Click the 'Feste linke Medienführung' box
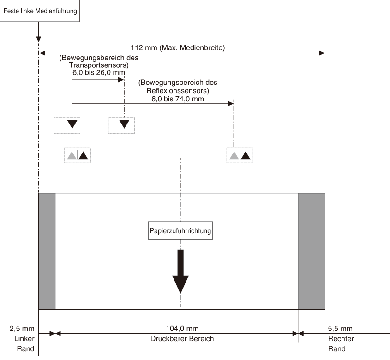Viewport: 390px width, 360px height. pos(40,11)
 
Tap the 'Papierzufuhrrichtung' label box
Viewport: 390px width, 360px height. pos(180,230)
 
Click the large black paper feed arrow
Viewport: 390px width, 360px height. pos(180,271)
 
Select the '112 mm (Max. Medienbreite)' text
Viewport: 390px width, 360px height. pos(178,47)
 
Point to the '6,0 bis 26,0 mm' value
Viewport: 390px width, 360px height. pos(99,72)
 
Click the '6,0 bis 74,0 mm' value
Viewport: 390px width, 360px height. pos(178,99)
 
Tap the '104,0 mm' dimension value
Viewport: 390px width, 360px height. pos(182,329)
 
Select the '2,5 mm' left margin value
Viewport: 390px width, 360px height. pos(22,329)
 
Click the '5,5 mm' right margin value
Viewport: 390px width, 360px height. pos(340,329)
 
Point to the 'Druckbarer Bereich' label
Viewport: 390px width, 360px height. pos(182,339)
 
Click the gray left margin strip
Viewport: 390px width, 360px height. pos(47,251)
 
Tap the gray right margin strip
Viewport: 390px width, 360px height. pos(312,251)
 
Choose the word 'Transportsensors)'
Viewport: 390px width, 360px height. pos(99,65)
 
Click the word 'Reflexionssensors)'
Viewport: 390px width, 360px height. pos(178,90)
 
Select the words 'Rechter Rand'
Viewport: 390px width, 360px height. pos(341,343)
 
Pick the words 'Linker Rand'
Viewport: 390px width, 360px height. pos(24,343)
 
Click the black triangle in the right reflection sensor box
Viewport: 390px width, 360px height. pos(246,156)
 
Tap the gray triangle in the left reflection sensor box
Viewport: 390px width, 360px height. pos(72,156)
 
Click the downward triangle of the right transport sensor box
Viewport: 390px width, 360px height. pos(124,124)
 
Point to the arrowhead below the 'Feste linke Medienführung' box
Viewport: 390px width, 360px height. pos(39,39)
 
